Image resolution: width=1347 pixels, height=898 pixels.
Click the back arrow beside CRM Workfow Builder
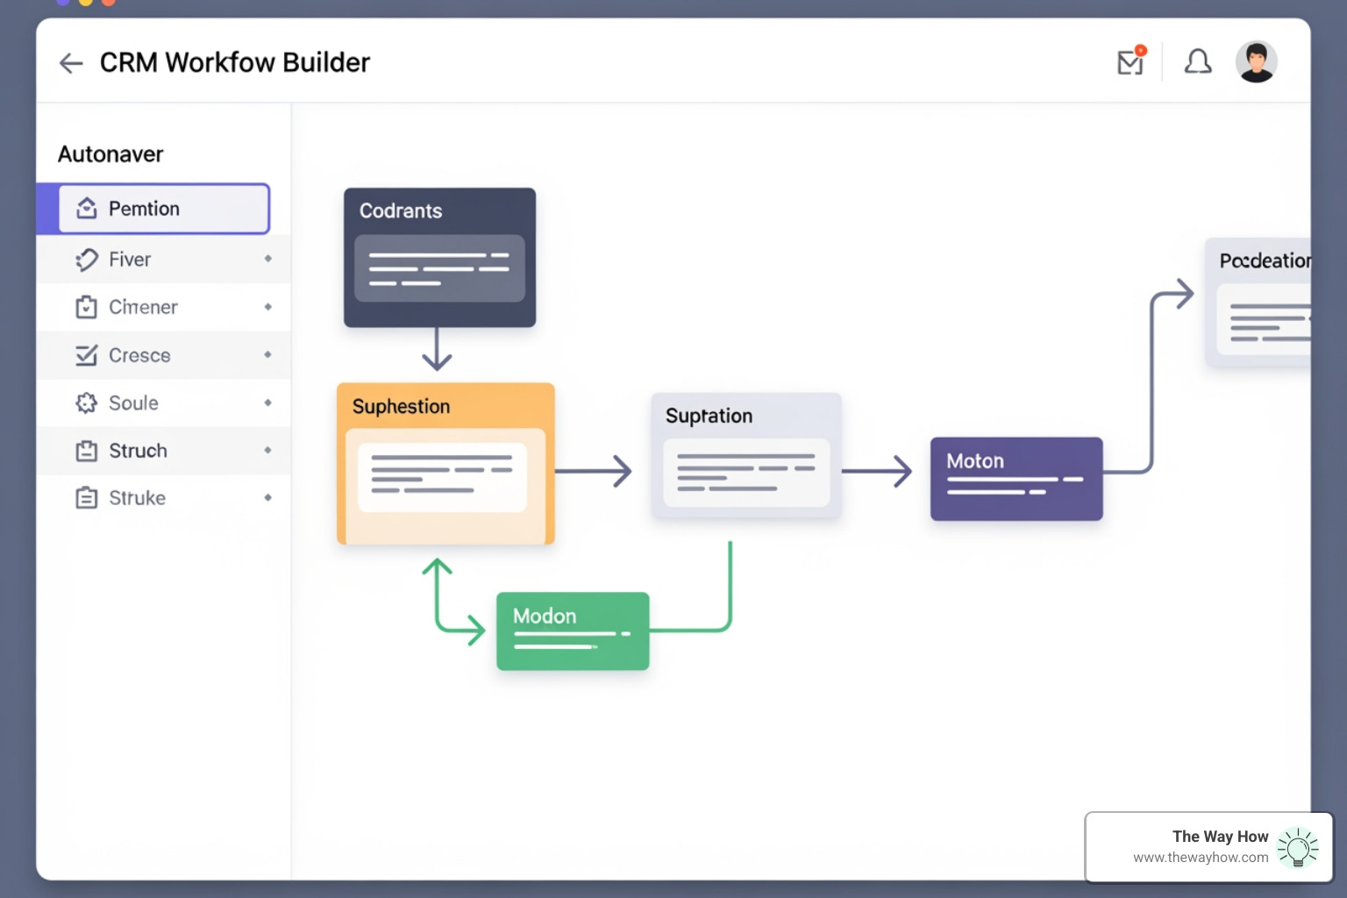[70, 63]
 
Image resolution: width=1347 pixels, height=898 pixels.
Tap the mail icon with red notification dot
[1130, 62]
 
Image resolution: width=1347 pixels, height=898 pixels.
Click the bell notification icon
[1198, 62]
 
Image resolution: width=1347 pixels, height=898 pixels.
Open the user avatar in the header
[1256, 62]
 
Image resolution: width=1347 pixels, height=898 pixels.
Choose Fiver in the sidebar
[130, 260]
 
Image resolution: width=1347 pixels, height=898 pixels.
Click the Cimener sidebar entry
[143, 307]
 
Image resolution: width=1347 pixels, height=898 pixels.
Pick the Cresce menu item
[139, 355]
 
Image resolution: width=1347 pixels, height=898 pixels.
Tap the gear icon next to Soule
[86, 403]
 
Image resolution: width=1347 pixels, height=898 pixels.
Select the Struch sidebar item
[138, 451]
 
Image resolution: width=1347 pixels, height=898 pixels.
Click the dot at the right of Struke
[267, 498]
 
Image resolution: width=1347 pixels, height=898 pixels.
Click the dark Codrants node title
[401, 211]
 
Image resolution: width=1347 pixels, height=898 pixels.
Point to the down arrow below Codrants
[437, 350]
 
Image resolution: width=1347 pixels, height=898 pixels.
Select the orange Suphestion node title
[401, 407]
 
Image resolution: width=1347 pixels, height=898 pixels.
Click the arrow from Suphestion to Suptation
[594, 471]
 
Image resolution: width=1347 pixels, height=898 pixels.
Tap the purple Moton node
[1016, 478]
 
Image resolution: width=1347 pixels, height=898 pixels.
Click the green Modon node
[573, 631]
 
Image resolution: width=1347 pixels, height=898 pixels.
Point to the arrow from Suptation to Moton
[877, 471]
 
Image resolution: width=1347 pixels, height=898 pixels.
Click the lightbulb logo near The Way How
[1298, 848]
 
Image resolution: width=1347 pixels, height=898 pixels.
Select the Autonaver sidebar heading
[110, 154]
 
